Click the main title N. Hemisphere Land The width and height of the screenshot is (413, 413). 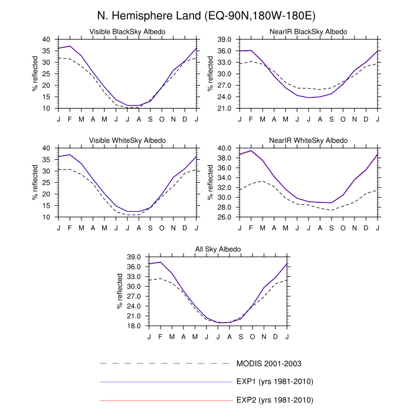pyautogui.click(x=206, y=14)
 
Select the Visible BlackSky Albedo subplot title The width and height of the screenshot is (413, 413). pyautogui.click(x=127, y=31)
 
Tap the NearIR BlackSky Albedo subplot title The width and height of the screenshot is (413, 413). pyautogui.click(x=309, y=31)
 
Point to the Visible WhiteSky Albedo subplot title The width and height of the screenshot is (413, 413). pyautogui.click(x=127, y=140)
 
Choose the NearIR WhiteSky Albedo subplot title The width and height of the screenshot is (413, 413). pyautogui.click(x=309, y=140)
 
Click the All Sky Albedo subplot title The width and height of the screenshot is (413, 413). pyautogui.click(x=218, y=249)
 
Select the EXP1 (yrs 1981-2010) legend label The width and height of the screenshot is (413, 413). pyautogui.click(x=274, y=382)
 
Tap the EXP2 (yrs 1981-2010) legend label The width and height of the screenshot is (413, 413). pyautogui.click(x=274, y=400)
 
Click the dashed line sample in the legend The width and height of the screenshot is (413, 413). pyautogui.click(x=166, y=363)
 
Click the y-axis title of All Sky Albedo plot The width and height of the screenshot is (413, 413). pyautogui.click(x=120, y=291)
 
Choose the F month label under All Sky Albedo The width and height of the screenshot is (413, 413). pyautogui.click(x=160, y=336)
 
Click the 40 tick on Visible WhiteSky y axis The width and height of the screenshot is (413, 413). pyautogui.click(x=47, y=148)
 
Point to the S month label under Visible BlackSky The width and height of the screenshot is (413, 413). pyautogui.click(x=150, y=119)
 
